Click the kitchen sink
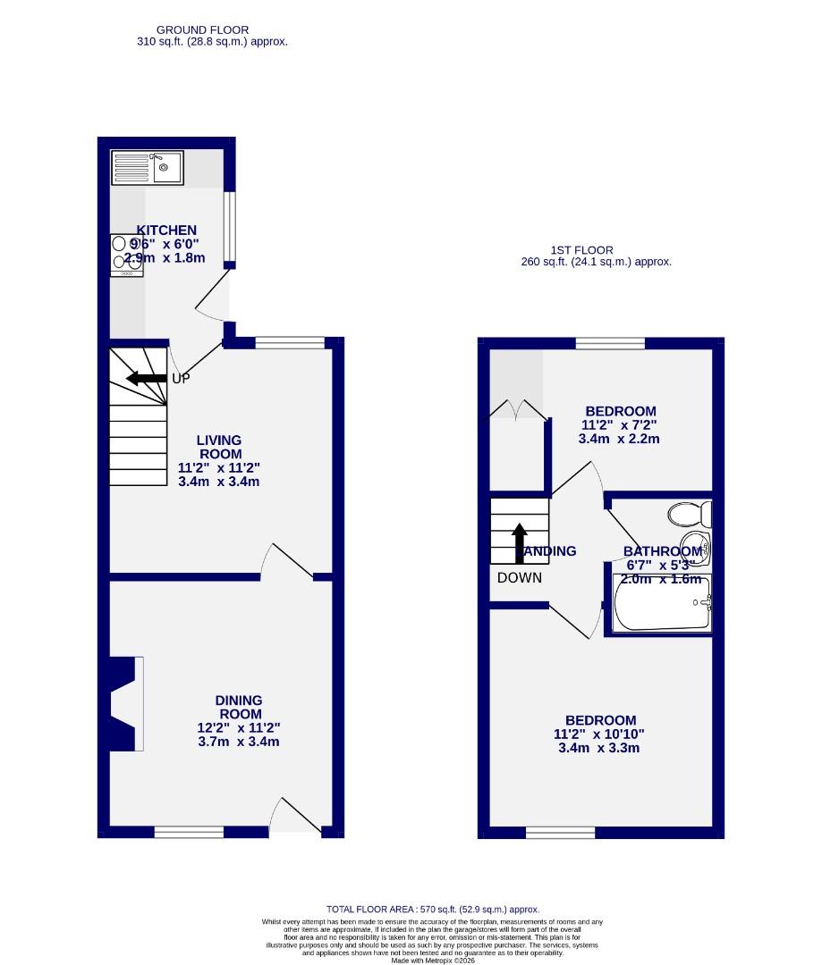coord(147,167)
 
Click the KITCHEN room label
coord(166,231)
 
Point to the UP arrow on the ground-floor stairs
coord(147,379)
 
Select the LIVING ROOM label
coord(220,447)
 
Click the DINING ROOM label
coord(239,708)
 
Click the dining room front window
coord(189,833)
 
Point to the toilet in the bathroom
coord(690,514)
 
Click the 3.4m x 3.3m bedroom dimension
coord(599,749)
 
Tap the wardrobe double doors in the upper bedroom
coord(518,410)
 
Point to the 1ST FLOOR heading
coord(581,250)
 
